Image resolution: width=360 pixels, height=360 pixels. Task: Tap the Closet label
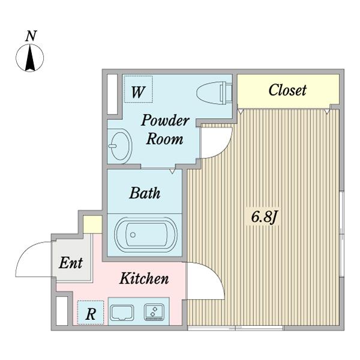[287, 91]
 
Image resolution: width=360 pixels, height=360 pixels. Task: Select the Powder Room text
[165, 129]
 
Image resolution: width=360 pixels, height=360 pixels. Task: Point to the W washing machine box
[138, 92]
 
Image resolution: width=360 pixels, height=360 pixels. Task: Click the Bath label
[145, 193]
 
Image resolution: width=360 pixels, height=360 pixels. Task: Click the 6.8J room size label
[263, 217]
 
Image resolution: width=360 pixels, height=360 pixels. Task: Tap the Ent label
[71, 263]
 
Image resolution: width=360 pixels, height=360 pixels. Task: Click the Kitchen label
[143, 279]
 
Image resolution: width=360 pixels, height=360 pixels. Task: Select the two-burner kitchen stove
[155, 312]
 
